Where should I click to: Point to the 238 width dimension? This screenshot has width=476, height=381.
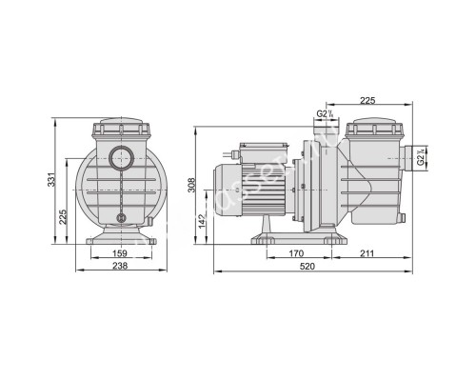point(120,268)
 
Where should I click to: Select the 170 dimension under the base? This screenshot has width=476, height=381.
point(295,253)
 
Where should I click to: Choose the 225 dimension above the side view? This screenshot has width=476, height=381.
point(369,98)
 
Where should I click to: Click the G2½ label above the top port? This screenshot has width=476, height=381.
point(324,115)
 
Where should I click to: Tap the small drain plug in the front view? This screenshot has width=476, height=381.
point(120,217)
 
